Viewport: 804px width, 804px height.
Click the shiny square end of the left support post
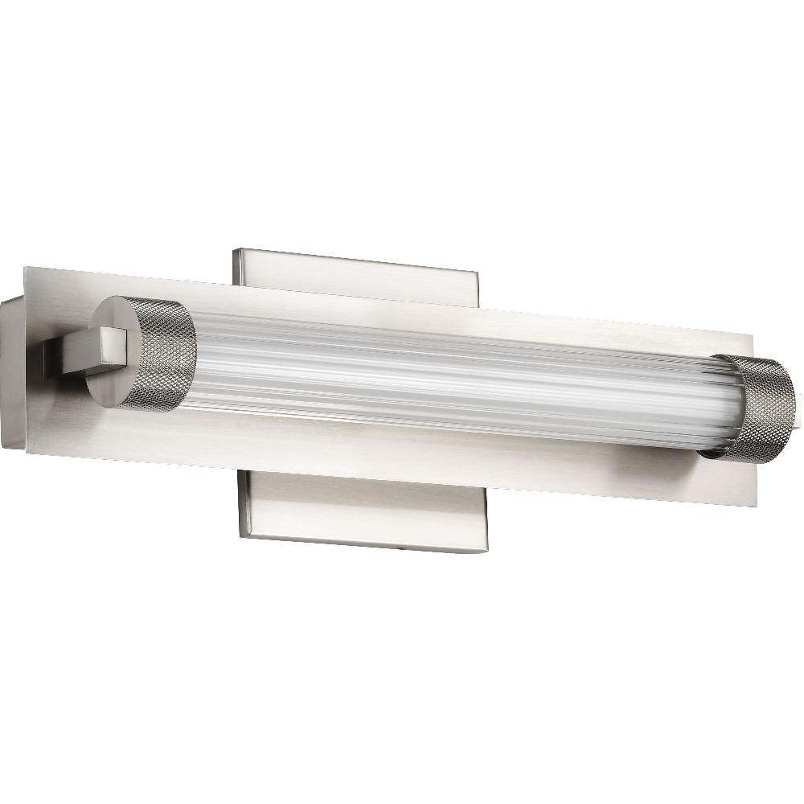113,348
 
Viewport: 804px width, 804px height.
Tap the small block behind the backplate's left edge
12,370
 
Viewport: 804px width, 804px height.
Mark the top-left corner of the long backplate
27,267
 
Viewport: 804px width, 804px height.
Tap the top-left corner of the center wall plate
234,250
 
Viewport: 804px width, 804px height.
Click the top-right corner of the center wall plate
479,270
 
